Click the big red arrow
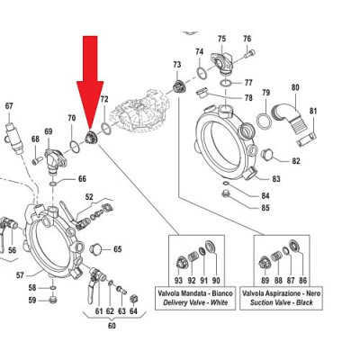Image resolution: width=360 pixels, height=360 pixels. (x=90, y=84)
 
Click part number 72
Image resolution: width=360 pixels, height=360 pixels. (x=104, y=99)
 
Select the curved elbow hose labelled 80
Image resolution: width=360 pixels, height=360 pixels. (x=286, y=116)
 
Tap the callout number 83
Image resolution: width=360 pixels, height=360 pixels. (x=276, y=179)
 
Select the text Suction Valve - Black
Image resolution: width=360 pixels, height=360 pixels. (x=282, y=302)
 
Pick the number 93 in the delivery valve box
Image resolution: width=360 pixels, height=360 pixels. (x=178, y=281)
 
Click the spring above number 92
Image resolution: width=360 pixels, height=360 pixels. (x=192, y=257)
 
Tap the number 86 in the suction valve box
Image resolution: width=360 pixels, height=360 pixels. (x=303, y=281)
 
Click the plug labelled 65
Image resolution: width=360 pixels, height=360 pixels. (x=96, y=249)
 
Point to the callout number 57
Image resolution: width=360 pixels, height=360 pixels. (x=20, y=275)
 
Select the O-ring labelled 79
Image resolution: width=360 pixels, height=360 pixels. (x=265, y=121)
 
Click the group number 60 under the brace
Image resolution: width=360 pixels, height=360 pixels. (x=112, y=326)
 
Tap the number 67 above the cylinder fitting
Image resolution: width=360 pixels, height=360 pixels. (x=9, y=106)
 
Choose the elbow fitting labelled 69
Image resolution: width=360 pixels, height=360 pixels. (x=54, y=160)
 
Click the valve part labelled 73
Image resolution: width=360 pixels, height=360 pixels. (x=179, y=87)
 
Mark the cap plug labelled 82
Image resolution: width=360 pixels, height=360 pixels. (x=267, y=155)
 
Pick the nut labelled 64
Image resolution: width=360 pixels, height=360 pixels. (x=134, y=299)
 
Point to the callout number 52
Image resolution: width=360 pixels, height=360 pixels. (x=89, y=197)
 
